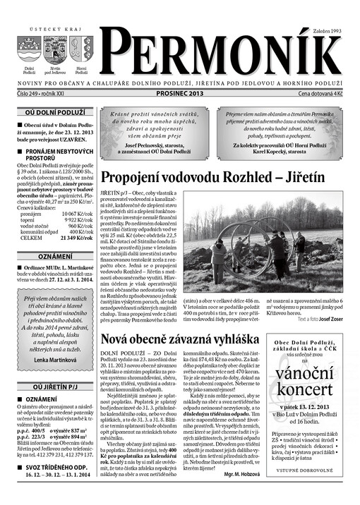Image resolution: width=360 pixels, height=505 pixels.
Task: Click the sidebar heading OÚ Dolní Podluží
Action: click(x=56, y=111)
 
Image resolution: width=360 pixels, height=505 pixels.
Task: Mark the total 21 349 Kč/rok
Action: click(x=78, y=238)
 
